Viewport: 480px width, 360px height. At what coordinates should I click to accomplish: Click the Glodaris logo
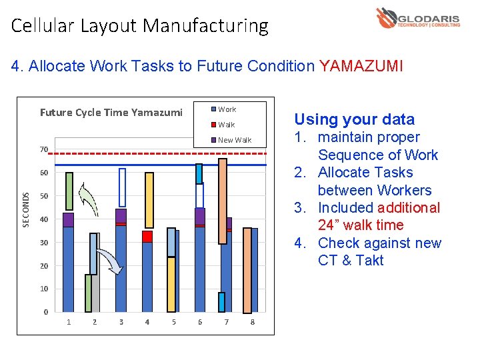pos(417,18)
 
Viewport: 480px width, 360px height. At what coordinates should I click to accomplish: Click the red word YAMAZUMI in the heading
pos(361,66)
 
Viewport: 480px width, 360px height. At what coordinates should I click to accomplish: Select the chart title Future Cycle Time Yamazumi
pos(111,113)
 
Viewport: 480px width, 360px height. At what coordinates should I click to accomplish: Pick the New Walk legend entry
pos(234,140)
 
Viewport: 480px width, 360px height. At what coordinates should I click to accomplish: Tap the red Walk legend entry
pos(226,125)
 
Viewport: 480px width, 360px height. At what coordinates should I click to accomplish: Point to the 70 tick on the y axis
pos(43,149)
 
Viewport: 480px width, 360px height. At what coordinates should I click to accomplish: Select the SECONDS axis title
pos(26,209)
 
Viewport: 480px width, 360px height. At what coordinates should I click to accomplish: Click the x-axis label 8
pos(253,323)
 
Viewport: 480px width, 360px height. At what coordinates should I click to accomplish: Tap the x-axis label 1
pos(68,323)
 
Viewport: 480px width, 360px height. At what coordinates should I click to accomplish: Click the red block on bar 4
pos(147,237)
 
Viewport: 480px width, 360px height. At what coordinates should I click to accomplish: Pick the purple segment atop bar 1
pos(68,220)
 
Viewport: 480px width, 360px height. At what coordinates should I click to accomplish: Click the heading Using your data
pos(354,119)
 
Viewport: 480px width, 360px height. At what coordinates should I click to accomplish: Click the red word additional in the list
pos(407,208)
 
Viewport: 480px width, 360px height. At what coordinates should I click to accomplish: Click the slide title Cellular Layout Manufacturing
pos(139,26)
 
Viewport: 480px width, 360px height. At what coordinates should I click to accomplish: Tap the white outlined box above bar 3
pos(122,188)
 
